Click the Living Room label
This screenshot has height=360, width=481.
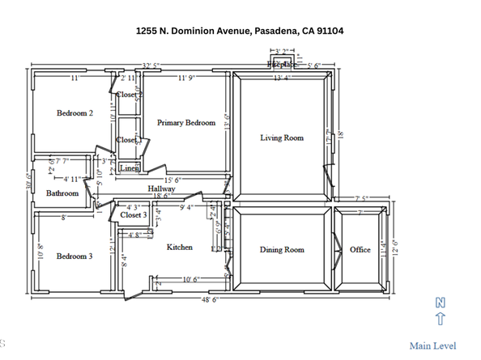pos(282,138)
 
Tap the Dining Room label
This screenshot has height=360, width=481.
pos(282,250)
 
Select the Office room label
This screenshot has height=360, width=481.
pos(360,250)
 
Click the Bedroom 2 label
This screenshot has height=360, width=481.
pos(74,113)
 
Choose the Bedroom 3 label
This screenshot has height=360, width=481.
pos(74,256)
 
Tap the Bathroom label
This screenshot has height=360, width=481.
pos(62,193)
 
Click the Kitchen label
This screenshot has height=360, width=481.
pos(180,248)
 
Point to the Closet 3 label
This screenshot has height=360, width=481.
pos(134,215)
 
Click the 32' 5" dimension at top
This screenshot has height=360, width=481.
pos(150,64)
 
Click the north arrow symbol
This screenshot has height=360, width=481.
pos(441,312)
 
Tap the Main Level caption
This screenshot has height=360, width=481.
pos(432,346)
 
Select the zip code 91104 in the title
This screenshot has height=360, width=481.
pos(327,31)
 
